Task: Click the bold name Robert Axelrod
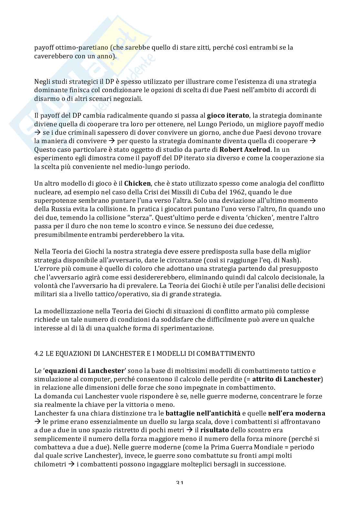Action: tap(244, 150)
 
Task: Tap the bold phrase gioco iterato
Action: tap(227, 115)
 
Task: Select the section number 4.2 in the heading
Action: tap(39, 354)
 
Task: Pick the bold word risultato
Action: tap(214, 430)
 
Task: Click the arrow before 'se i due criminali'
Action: tap(37, 132)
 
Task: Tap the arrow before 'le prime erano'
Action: tap(37, 422)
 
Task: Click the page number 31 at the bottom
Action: tap(180, 483)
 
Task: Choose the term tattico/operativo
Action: tap(145, 294)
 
